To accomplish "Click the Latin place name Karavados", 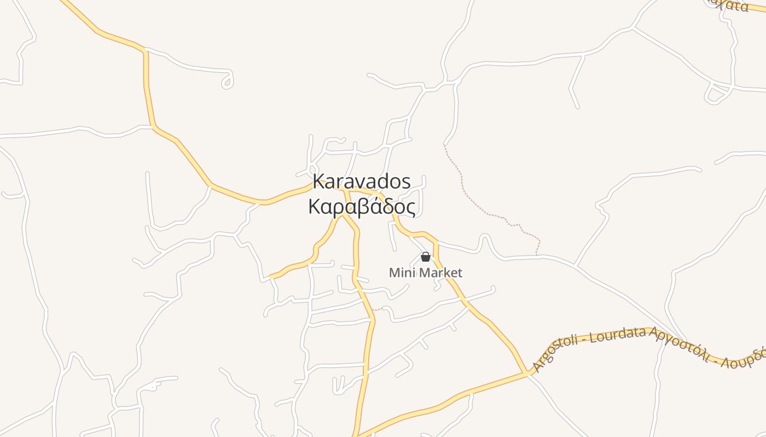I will click(362, 181).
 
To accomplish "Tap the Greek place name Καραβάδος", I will click(362, 207).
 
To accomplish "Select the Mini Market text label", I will click(425, 273).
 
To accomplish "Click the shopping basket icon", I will click(426, 257).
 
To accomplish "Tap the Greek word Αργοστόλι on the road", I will click(679, 343).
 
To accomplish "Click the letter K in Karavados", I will click(318, 181).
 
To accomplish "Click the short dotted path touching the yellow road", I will click(377, 309).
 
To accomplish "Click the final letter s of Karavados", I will click(406, 182).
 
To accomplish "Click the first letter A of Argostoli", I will click(538, 367).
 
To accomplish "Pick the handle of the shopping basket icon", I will click(426, 253).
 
